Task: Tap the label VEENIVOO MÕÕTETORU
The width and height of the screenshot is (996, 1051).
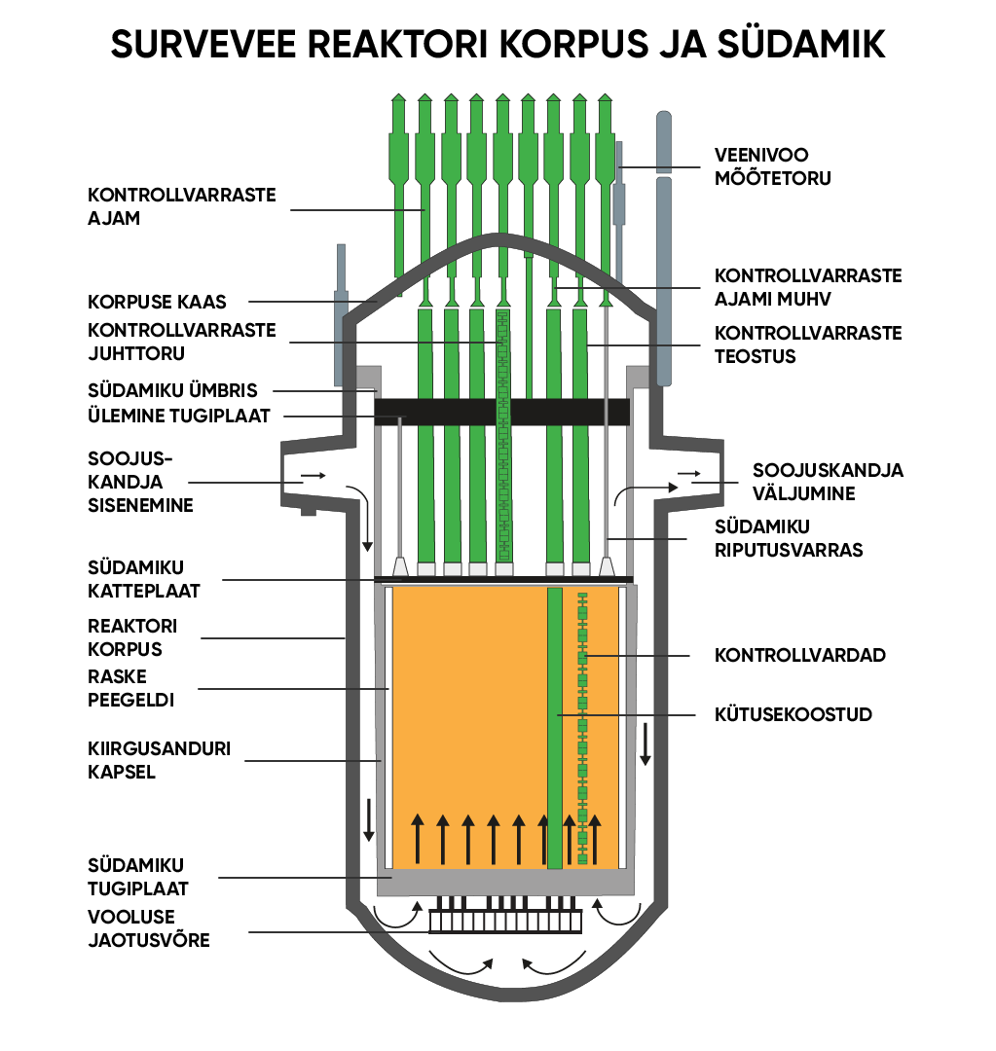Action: (773, 166)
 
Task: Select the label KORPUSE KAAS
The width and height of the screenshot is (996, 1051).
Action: (157, 303)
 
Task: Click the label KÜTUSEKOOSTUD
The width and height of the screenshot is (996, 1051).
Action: (793, 715)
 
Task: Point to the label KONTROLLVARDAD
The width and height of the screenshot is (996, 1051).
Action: (799, 656)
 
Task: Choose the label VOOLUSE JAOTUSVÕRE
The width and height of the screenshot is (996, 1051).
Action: (148, 928)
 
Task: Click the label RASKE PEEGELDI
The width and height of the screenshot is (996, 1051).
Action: (130, 687)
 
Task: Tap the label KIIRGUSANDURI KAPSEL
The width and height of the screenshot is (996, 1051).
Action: (159, 761)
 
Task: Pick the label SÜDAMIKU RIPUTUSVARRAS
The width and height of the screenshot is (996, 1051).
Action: (789, 538)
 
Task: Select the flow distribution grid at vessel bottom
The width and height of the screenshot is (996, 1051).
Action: (505, 921)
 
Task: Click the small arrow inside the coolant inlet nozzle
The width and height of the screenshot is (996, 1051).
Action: (313, 476)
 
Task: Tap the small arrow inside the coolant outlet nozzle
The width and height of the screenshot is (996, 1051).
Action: (688, 474)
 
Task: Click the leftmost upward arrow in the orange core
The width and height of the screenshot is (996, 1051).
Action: (418, 839)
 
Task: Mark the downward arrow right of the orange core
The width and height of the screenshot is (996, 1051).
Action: (644, 744)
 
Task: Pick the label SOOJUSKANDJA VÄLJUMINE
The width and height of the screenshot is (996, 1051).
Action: (827, 482)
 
